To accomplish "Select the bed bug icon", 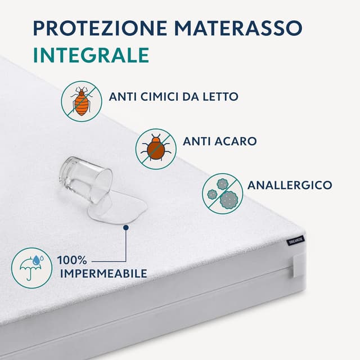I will click(x=82, y=101).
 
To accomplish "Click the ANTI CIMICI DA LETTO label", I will click(x=174, y=97).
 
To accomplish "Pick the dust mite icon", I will click(x=156, y=148).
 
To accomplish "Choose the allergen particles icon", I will click(x=223, y=193).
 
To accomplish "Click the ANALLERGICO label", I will click(x=290, y=185).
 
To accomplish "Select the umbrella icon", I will click(x=31, y=267).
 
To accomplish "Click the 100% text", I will click(x=71, y=261).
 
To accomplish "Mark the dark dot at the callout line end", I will click(x=127, y=227).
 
